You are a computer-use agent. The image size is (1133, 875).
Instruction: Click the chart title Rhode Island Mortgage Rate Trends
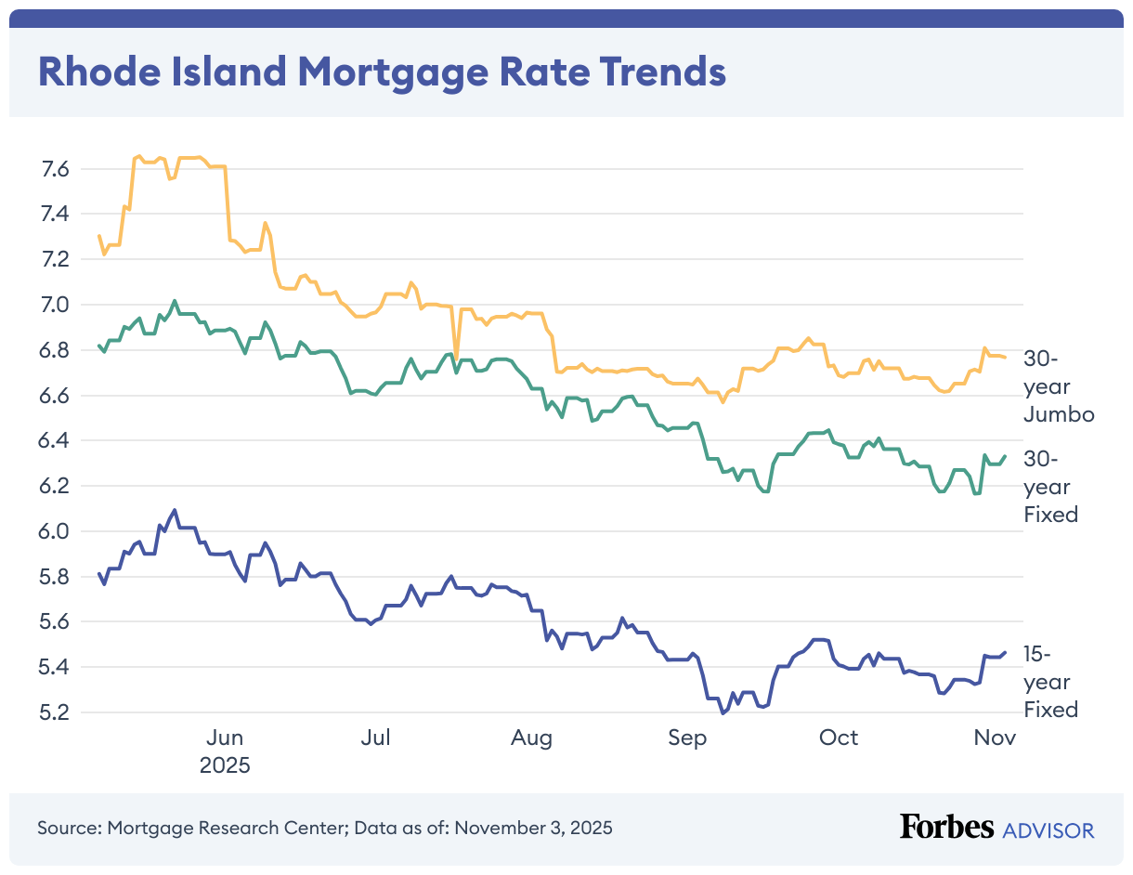[381, 72]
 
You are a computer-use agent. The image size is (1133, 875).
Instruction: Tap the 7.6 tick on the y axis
[56, 169]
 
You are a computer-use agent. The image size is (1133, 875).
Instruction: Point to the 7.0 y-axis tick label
[56, 305]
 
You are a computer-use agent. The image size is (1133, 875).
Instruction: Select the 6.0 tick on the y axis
[56, 531]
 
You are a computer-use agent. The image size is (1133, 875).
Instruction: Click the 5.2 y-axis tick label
[56, 712]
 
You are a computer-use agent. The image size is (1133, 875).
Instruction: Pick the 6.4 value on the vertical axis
[56, 440]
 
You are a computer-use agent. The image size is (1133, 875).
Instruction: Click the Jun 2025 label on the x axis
[225, 751]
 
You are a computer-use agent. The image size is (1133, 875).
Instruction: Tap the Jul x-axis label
[375, 738]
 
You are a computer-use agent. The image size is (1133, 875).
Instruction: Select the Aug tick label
[531, 738]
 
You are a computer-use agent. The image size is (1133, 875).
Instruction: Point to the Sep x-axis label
[686, 738]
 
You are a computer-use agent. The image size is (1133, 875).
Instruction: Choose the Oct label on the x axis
[839, 738]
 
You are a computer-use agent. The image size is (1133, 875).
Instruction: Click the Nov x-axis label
[995, 738]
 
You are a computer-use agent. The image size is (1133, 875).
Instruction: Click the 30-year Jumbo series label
[1059, 386]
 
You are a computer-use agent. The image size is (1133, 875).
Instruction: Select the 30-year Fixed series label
[1050, 487]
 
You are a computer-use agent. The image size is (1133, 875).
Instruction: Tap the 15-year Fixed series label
[1050, 682]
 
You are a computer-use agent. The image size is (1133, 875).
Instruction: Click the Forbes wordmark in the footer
[946, 828]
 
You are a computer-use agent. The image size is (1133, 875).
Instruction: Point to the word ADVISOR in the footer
[1048, 829]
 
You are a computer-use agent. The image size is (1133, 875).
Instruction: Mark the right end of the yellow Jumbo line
[1005, 358]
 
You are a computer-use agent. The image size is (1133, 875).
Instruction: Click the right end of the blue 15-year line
[1005, 652]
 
